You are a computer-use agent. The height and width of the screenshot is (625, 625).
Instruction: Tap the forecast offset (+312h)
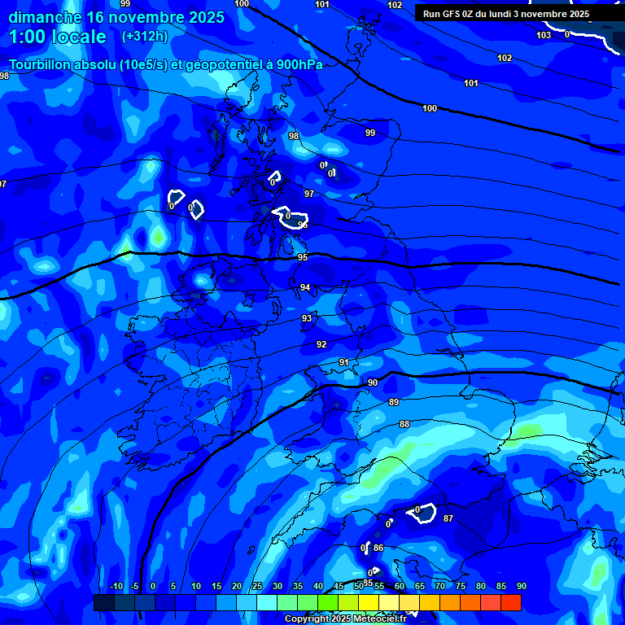145,37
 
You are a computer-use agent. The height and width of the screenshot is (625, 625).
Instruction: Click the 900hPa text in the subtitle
300,65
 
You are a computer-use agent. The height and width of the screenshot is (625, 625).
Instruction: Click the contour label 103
544,35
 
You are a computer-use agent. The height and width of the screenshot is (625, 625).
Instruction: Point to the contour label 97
309,194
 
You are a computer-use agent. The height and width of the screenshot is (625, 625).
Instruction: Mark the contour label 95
303,257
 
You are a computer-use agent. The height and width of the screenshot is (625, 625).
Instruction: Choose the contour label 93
307,318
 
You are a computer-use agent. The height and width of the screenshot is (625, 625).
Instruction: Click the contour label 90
372,382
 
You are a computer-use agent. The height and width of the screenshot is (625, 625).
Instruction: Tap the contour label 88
404,424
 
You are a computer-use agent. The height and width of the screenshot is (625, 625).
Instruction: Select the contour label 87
448,518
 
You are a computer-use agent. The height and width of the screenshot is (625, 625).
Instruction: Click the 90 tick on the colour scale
522,587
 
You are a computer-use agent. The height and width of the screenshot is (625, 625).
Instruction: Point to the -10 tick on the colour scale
116,587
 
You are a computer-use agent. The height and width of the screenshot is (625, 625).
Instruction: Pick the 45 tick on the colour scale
339,587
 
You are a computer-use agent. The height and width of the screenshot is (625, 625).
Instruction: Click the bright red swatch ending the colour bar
510,602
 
